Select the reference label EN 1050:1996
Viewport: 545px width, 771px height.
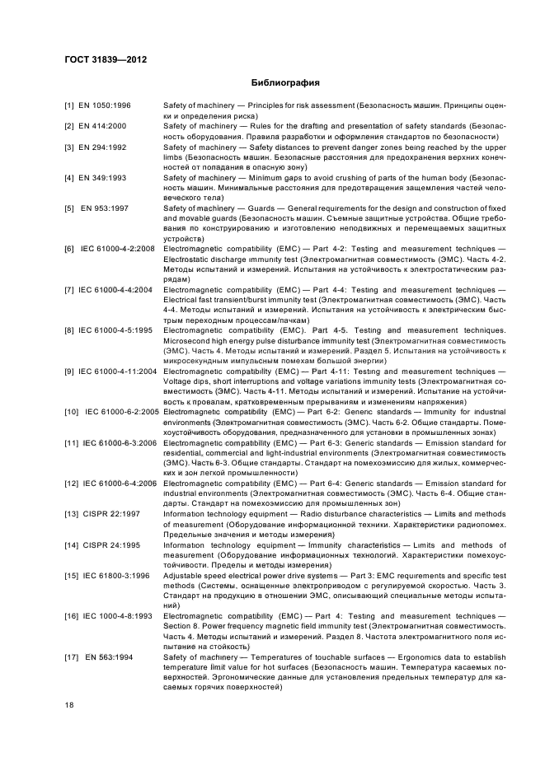point(106,107)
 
